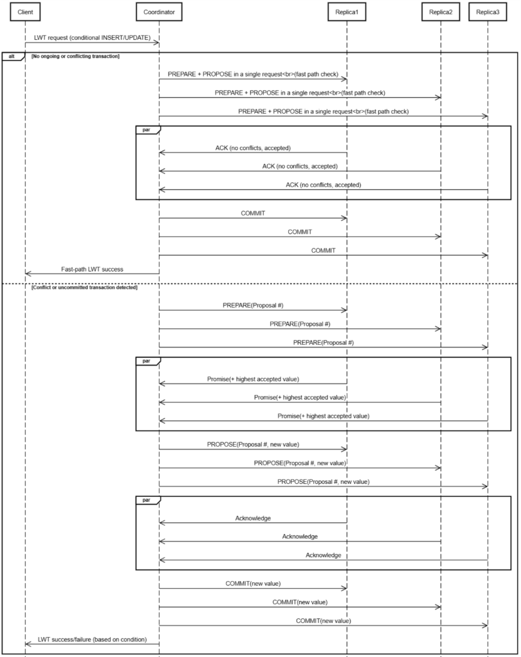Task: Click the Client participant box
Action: click(25, 12)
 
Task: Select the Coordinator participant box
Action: click(159, 12)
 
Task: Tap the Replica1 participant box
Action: click(347, 12)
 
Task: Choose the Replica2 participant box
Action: click(441, 12)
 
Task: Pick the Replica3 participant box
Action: click(488, 12)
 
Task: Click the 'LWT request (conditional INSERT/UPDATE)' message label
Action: click(92, 38)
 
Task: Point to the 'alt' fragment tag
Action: click(12, 57)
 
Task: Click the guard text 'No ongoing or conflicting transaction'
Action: click(75, 57)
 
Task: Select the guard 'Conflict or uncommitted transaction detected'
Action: click(84, 286)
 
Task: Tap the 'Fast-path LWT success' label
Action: click(92, 269)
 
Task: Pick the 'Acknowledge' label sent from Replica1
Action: click(253, 517)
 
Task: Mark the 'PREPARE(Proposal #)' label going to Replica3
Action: click(323, 343)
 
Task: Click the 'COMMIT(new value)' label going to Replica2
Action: click(300, 602)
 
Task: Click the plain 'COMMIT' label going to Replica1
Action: click(253, 213)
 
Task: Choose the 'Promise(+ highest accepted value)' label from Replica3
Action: click(323, 416)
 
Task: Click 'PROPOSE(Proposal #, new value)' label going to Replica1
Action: click(253, 444)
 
